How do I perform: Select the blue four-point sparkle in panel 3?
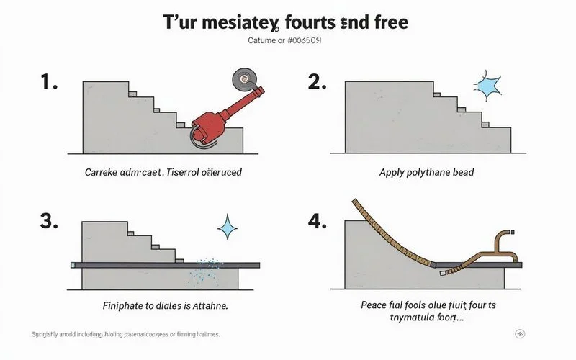(x=228, y=229)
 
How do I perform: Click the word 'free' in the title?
(x=389, y=22)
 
